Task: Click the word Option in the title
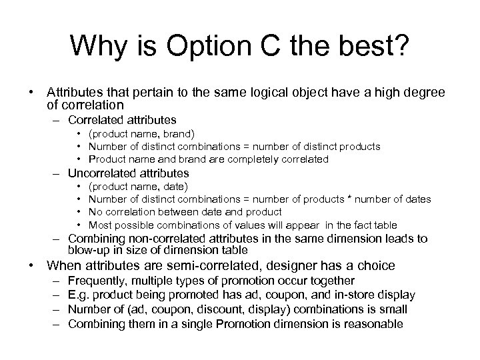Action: point(208,46)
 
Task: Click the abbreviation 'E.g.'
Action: point(79,295)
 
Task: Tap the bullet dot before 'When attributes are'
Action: point(31,265)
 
